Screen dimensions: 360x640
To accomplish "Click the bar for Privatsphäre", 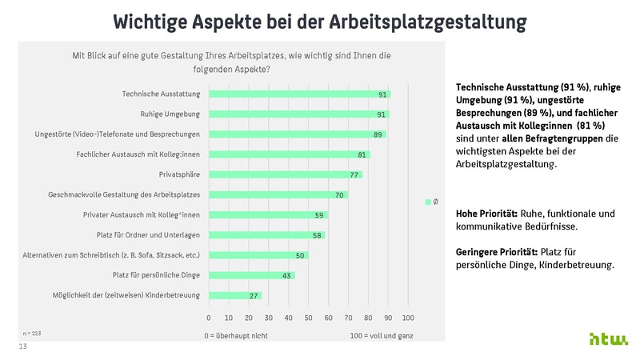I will click(285, 174).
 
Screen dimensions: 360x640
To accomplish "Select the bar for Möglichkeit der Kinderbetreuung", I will click(234, 295).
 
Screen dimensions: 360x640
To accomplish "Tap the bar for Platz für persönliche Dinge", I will click(251, 275).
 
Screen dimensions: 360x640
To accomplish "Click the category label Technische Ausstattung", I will click(161, 94).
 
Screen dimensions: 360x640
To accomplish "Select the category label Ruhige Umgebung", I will click(170, 114).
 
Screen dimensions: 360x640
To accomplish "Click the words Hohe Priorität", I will click(486, 214).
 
